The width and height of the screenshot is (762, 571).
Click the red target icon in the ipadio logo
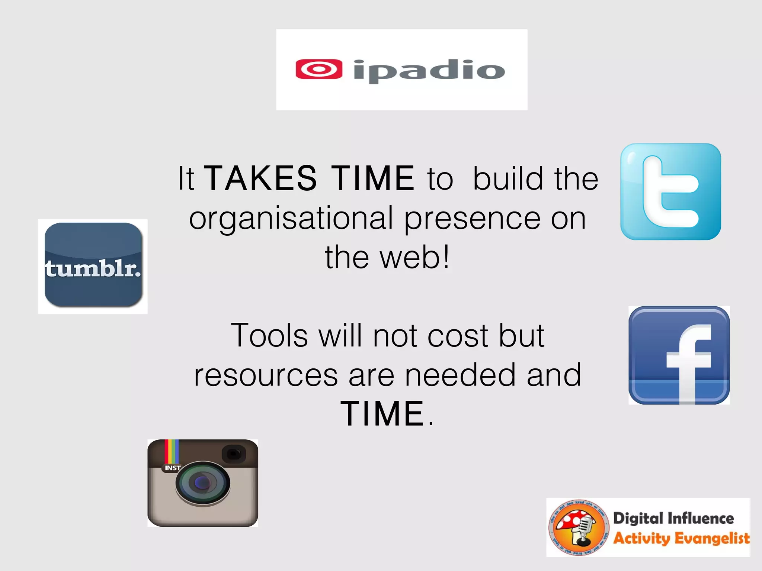pos(319,69)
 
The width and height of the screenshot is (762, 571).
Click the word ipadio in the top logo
pos(429,71)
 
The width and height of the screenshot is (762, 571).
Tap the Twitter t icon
pos(670,192)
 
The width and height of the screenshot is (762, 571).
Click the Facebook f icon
pos(679,355)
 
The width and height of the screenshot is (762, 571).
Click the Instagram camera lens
pos(203,483)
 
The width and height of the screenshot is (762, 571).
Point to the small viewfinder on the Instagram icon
pos(234,454)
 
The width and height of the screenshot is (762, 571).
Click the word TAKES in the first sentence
pos(261,179)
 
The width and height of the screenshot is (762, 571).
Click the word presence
pos(472,219)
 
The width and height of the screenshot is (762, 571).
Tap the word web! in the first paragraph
pos(415,257)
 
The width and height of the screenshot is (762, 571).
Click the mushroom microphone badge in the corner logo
pos(578,527)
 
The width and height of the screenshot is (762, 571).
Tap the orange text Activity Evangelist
pos(681,538)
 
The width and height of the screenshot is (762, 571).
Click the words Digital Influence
pos(673,518)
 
